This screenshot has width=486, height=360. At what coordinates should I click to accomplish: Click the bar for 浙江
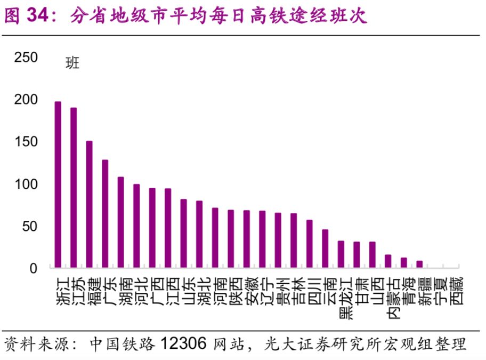[x=58, y=185]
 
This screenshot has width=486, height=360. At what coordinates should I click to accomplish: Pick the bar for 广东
[x=105, y=214]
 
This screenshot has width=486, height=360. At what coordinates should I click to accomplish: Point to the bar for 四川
[x=310, y=244]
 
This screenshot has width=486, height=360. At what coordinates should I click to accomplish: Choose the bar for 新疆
[x=420, y=264]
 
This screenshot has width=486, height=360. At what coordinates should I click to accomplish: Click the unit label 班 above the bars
[x=72, y=63]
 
